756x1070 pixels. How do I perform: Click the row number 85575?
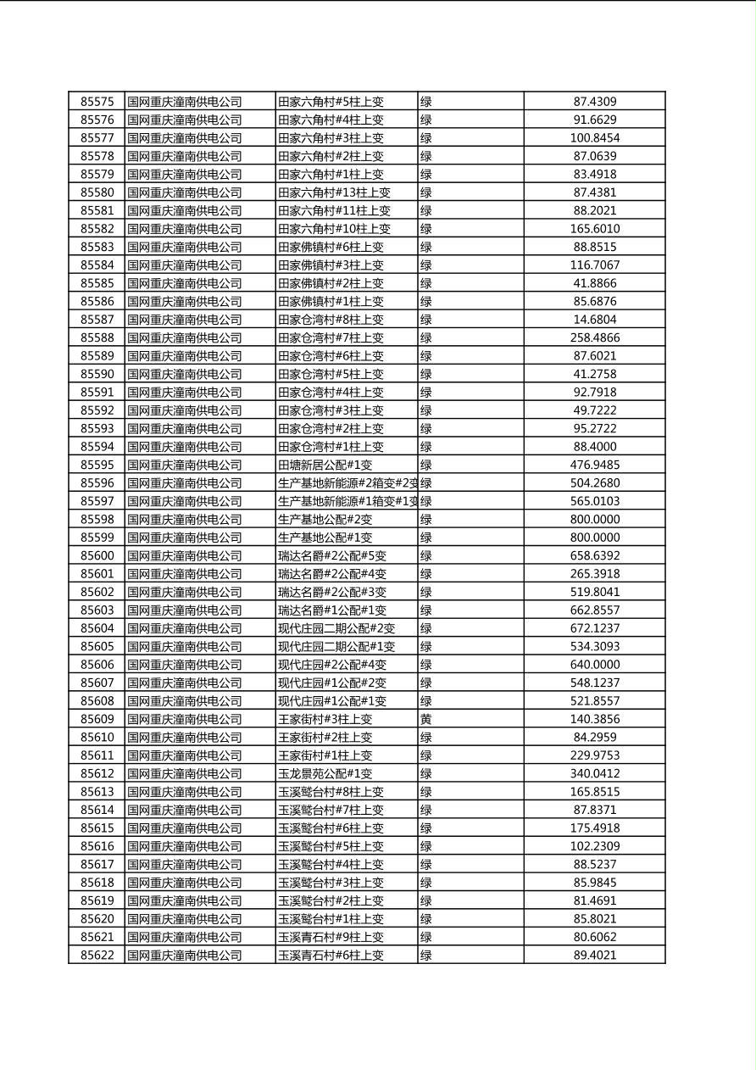tap(97, 102)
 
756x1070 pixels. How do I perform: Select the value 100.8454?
tap(594, 138)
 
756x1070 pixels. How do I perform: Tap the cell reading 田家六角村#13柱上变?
tap(334, 192)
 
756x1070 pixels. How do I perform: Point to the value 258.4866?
tap(594, 337)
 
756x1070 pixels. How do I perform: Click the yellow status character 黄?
tap(426, 719)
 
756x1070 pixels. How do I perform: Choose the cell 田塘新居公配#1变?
tap(325, 465)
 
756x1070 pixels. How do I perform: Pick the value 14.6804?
tap(594, 320)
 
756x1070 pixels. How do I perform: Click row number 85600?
tap(97, 555)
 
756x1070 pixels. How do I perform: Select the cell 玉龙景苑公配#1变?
tap(325, 773)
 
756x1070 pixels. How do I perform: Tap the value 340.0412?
tap(594, 773)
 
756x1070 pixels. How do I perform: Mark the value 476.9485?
tap(594, 465)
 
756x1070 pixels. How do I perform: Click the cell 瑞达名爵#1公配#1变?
tap(332, 610)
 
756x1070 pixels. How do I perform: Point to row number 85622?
tap(97, 955)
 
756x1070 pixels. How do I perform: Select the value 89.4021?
tap(594, 955)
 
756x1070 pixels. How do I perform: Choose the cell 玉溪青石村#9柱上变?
tap(331, 937)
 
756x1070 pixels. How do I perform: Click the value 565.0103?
tap(594, 501)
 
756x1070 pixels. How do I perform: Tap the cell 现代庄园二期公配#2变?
tap(336, 628)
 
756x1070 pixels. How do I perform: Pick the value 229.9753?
tap(594, 755)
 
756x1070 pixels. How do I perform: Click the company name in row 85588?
tap(184, 337)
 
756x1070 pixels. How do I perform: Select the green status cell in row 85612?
tap(426, 773)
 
